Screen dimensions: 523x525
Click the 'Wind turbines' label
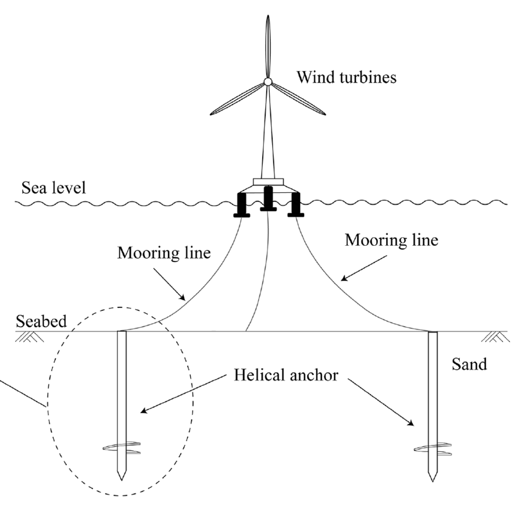(347, 77)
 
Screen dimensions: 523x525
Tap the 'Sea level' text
(53, 188)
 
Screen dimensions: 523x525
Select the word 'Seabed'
(40, 321)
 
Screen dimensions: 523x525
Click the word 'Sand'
(469, 365)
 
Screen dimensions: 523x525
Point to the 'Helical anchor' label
(285, 375)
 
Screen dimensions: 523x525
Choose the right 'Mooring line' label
(391, 240)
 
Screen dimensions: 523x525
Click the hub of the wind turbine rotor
(268, 82)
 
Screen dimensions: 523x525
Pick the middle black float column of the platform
(268, 198)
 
